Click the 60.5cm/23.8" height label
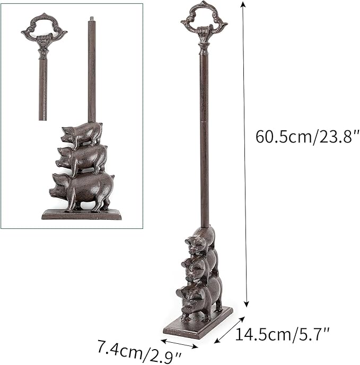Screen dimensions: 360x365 (x=308, y=137)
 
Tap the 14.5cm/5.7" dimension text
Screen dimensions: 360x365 (x=283, y=334)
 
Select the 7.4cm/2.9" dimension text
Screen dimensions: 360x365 (x=139, y=351)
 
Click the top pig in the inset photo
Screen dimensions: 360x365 (x=82, y=135)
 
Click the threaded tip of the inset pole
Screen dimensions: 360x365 (x=92, y=19)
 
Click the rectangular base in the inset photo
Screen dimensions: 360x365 (x=82, y=215)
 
